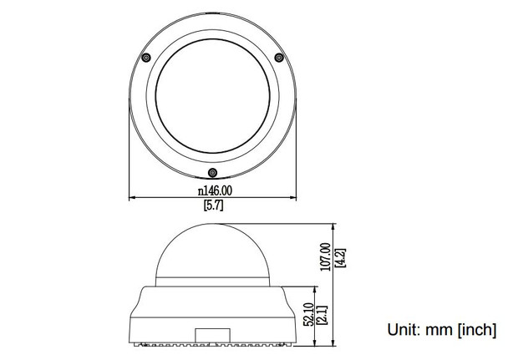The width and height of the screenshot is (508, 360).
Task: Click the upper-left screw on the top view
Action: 147,57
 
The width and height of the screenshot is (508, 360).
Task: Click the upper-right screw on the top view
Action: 279,57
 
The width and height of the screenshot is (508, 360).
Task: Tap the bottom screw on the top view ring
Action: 213,174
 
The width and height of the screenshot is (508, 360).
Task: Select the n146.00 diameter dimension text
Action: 213,191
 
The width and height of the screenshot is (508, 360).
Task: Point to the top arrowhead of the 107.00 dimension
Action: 333,226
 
